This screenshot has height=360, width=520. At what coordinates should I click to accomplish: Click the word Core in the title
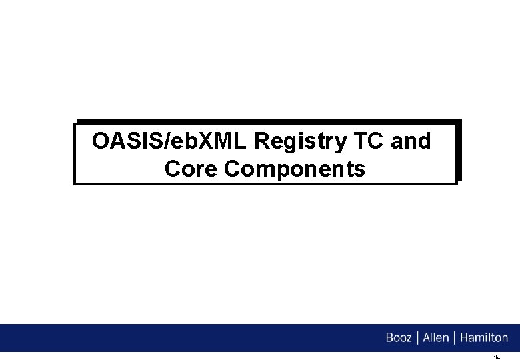[191, 169]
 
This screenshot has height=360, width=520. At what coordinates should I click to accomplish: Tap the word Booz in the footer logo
[399, 338]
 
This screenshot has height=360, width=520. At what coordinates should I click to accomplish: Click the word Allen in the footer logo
[435, 338]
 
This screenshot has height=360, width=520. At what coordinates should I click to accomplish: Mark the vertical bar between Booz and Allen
[417, 338]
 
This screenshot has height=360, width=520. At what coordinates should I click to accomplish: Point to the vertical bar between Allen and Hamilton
[454, 338]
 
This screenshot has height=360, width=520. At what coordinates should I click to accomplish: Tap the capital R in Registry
[262, 141]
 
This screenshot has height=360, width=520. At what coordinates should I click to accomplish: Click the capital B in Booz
[390, 338]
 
